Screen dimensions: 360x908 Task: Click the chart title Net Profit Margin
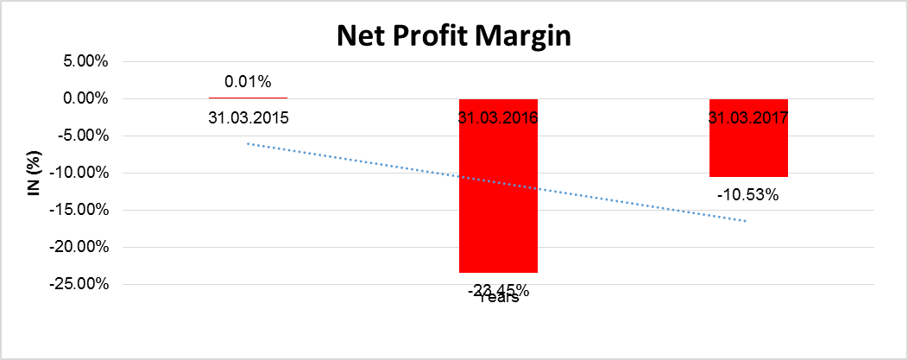coord(454,36)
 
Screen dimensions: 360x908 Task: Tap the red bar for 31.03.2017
coord(748,147)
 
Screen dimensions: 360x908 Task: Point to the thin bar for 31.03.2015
coord(248,98)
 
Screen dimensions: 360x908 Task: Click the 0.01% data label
coord(248,83)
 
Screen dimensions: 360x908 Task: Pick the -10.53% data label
coord(748,195)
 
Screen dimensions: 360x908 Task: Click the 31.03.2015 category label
coord(248,117)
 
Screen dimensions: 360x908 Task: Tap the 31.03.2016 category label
coord(498,118)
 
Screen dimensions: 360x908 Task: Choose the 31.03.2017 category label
coord(748,118)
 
